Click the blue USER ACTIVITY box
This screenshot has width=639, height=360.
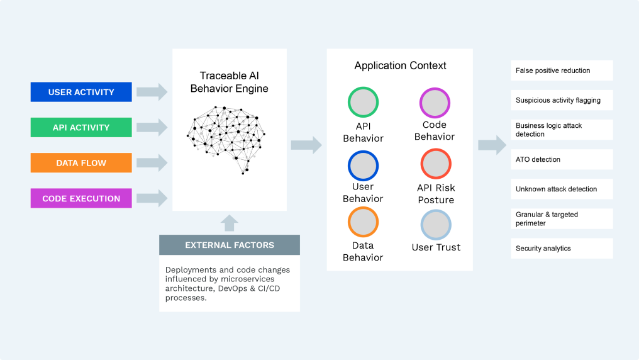click(x=81, y=92)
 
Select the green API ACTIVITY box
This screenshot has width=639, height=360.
click(x=81, y=127)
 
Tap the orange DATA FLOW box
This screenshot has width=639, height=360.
click(x=81, y=163)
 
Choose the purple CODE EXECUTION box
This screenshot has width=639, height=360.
click(x=81, y=198)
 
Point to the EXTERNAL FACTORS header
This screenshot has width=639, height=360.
click(x=229, y=245)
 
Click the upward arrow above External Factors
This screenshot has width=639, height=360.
click(x=230, y=222)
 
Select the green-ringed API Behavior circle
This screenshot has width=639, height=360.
click(x=363, y=103)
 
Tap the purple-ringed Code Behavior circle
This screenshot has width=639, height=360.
click(x=435, y=103)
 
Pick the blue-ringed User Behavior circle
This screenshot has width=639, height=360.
click(x=363, y=166)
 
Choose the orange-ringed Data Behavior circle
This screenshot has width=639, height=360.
click(x=363, y=222)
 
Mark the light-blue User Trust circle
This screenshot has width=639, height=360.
click(x=436, y=225)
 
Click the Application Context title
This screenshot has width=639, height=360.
click(x=400, y=65)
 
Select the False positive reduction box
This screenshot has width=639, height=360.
click(x=562, y=70)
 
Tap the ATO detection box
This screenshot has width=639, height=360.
click(x=562, y=159)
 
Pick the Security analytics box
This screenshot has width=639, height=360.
click(x=562, y=248)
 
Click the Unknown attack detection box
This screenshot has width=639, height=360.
click(x=562, y=189)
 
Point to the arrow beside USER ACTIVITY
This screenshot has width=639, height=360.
click(x=152, y=92)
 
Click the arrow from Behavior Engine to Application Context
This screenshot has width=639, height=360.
click(x=306, y=145)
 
